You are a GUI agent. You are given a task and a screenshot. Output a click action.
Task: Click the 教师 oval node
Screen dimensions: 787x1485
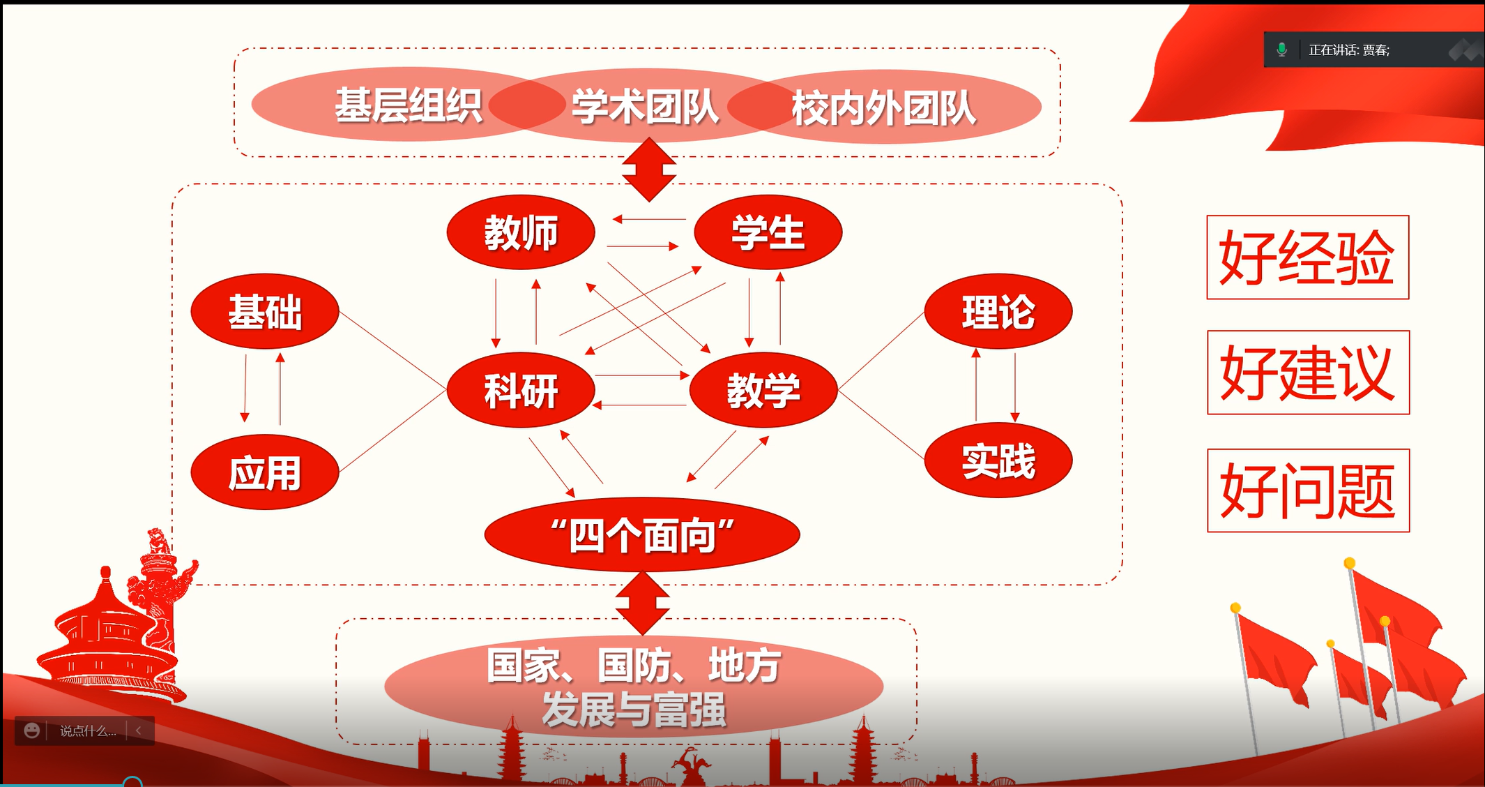tap(521, 232)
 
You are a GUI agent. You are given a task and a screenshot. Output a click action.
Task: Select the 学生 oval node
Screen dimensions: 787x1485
tap(768, 232)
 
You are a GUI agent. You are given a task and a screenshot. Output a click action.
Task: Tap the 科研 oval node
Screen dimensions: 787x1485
tap(521, 390)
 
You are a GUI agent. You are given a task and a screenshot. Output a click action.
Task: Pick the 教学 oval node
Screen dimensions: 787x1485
tap(763, 390)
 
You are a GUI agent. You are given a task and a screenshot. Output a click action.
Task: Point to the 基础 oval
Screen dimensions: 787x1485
tap(265, 311)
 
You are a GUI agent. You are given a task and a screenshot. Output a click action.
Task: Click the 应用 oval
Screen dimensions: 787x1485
tap(265, 473)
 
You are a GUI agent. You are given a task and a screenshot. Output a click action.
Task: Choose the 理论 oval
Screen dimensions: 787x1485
tap(998, 311)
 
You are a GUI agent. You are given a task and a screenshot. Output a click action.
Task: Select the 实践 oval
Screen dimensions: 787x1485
tap(998, 460)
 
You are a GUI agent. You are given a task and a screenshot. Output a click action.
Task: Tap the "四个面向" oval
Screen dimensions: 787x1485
tap(642, 535)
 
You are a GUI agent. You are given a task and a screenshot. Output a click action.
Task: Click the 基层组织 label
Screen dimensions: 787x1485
tap(409, 106)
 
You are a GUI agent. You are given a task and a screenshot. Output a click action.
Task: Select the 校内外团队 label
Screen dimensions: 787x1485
tap(883, 108)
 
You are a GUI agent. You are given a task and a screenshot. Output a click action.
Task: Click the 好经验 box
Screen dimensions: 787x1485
tap(1307, 257)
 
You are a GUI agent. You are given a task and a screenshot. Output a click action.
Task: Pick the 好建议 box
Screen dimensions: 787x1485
tap(1308, 373)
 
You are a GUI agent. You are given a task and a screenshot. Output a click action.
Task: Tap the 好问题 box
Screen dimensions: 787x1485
tap(1308, 490)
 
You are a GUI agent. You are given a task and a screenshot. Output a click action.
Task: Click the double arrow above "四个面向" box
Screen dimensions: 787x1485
tap(649, 170)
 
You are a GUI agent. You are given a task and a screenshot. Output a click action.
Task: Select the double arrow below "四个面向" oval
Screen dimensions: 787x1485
tap(643, 603)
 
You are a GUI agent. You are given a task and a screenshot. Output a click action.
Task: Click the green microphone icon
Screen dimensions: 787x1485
tap(1281, 50)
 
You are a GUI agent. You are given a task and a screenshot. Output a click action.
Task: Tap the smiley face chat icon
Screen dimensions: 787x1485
tap(31, 730)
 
